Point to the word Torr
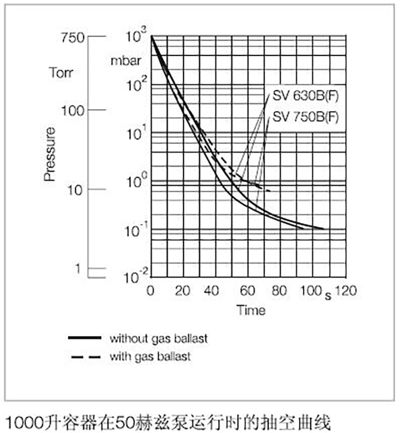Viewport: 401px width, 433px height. tap(61, 72)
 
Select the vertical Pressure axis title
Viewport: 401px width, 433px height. tap(49, 154)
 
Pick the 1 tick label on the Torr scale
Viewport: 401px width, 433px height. tap(78, 269)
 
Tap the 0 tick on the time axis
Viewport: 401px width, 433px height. tap(150, 291)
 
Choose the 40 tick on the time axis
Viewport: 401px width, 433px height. tap(215, 291)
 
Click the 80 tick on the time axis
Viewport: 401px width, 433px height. tap(279, 291)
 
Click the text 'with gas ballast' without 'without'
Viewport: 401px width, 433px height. tap(150, 356)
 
